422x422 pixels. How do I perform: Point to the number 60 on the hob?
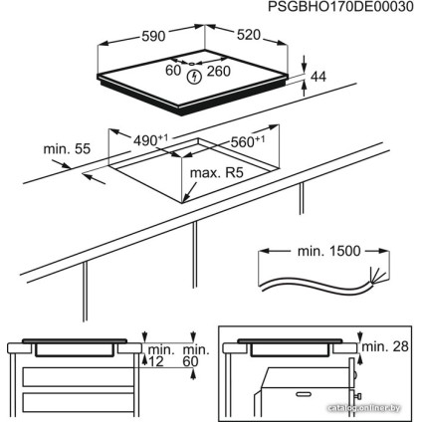pos(173,72)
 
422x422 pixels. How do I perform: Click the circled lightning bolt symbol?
pos(194,73)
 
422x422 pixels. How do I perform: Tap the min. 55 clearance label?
pos(66,148)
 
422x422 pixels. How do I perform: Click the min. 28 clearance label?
pos(385,346)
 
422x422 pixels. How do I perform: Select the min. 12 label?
pos(158,355)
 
